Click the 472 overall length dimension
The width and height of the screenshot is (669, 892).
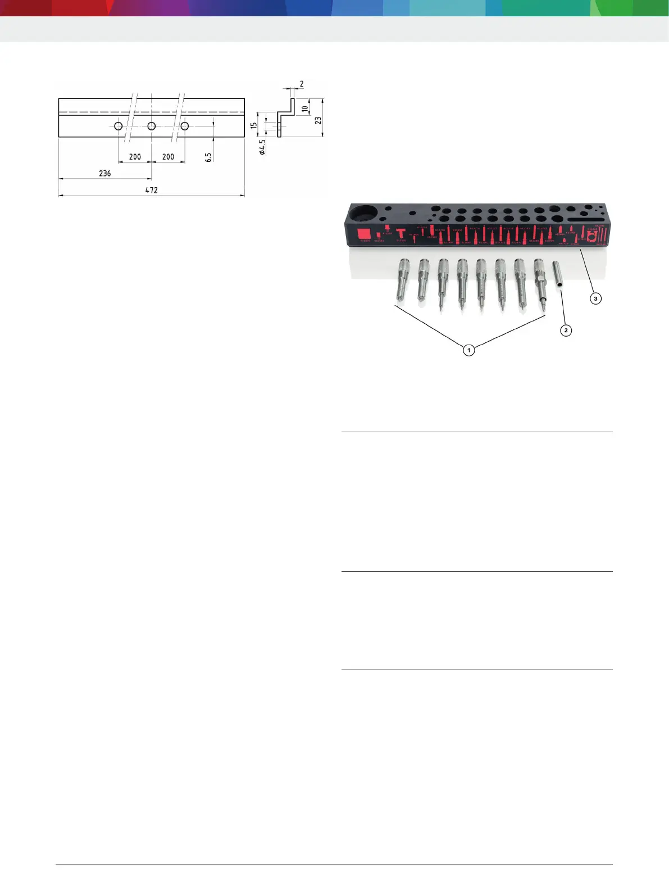click(152, 190)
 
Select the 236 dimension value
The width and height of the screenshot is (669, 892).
click(105, 173)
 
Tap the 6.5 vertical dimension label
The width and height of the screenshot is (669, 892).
click(208, 157)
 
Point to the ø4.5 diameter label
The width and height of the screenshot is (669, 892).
click(262, 147)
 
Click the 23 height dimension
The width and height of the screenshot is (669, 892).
click(318, 120)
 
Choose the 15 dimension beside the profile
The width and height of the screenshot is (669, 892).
click(254, 125)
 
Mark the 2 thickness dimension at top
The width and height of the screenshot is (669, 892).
click(302, 84)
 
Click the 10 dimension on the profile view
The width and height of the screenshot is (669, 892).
click(305, 108)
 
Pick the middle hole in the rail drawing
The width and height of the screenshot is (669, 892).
click(152, 126)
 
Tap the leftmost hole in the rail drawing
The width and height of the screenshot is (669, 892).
click(119, 126)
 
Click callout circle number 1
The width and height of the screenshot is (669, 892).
click(468, 350)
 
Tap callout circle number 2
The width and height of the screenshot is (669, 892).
click(566, 330)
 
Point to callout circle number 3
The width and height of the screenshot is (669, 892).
click(595, 298)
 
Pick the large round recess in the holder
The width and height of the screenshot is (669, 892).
click(364, 214)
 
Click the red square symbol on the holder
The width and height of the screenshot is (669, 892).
click(364, 233)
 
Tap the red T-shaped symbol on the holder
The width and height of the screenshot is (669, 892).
click(401, 233)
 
